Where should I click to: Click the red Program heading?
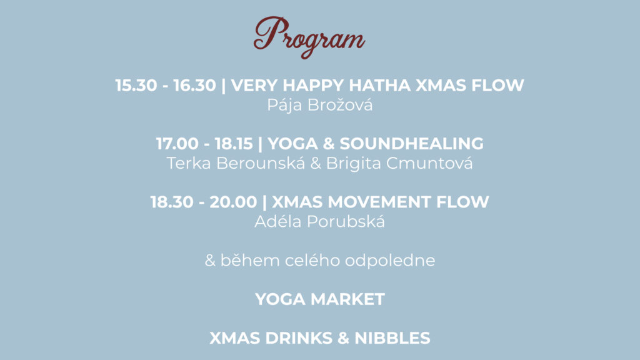309,37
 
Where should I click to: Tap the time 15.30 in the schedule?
136,85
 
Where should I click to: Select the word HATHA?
379,85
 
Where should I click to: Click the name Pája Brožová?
319,105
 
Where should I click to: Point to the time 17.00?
177,144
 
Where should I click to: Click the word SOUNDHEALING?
411,144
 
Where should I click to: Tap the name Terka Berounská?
236,163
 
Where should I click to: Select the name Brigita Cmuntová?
399,163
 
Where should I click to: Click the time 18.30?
172,202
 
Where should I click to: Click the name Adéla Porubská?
319,222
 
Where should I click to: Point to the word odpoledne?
390,261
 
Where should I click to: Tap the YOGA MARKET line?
320,299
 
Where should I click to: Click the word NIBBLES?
392,338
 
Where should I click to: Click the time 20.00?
233,202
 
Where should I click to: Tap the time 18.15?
234,144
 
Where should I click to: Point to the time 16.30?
195,85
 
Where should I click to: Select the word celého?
312,261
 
